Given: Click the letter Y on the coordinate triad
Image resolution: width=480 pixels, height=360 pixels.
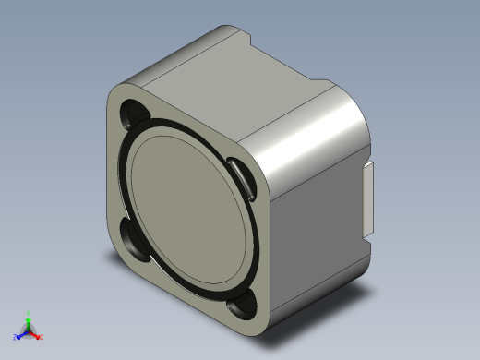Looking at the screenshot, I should pyautogui.click(x=29, y=312).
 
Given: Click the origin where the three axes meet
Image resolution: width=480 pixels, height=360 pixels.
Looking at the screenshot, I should pyautogui.click(x=29, y=330).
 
